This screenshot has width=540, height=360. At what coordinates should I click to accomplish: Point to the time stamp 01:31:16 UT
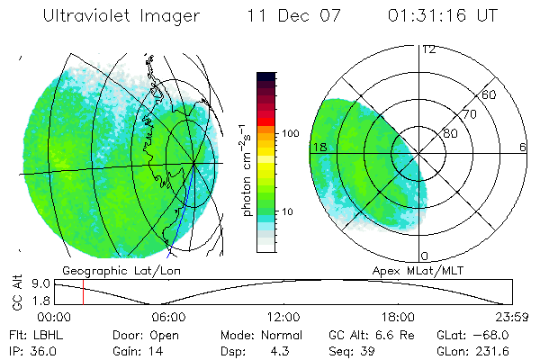click(x=443, y=16)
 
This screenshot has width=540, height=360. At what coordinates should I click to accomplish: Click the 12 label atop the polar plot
click(x=429, y=49)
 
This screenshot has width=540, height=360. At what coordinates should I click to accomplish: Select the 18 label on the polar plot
click(x=318, y=147)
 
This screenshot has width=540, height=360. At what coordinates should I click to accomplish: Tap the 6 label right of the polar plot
click(x=523, y=147)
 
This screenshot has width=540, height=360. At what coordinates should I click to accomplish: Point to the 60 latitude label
click(x=490, y=94)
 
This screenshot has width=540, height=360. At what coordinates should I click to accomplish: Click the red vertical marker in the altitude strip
click(x=83, y=292)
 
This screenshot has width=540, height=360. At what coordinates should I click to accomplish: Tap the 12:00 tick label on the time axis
click(x=283, y=317)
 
